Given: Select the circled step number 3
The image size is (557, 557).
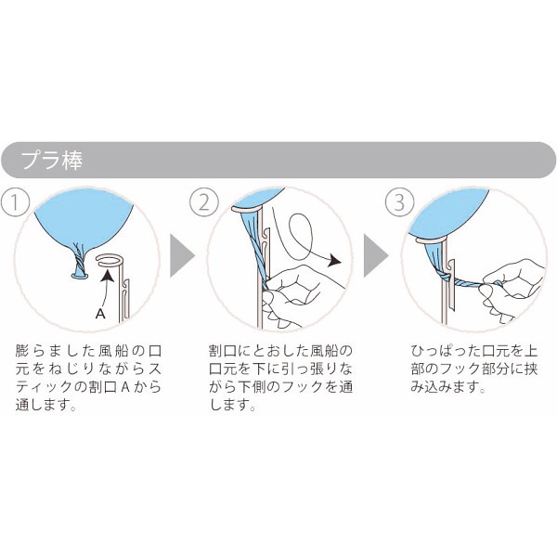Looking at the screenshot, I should [x=396, y=201].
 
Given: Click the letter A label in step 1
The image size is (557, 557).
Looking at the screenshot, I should [x=99, y=315].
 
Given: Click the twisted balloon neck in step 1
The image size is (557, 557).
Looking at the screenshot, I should [x=81, y=266].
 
